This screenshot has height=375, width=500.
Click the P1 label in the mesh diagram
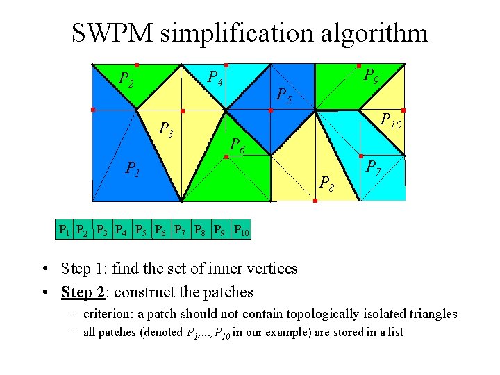132,167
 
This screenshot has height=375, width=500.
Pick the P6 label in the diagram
237,145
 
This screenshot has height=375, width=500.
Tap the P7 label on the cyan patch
373,167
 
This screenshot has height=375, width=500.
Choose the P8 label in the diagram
325,183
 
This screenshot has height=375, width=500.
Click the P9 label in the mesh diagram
372,76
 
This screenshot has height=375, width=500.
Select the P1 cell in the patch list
64,229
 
